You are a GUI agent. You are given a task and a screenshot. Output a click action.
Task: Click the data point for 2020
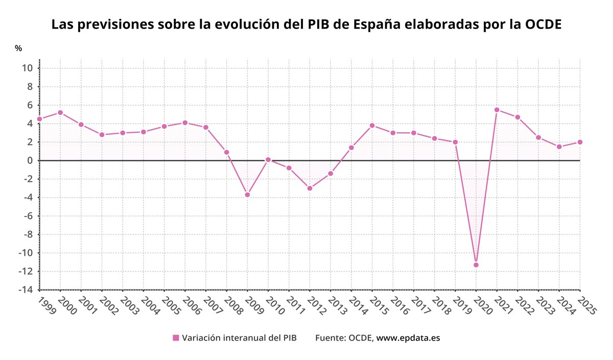point(476,265)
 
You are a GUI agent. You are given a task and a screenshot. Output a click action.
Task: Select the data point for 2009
point(247,195)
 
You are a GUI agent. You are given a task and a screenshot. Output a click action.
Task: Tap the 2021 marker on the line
point(497,110)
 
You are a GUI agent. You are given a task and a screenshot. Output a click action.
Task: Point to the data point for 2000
point(60,112)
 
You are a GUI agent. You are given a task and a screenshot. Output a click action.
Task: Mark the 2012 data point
point(310,188)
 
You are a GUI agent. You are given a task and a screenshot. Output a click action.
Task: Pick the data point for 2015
point(372,125)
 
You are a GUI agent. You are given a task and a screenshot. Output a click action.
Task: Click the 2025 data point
point(580,142)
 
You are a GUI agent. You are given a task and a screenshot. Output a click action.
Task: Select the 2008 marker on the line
point(226,152)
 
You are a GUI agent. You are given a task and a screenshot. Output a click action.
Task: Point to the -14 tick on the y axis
point(26,290)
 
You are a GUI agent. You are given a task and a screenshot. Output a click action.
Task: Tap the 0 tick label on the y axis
point(30,160)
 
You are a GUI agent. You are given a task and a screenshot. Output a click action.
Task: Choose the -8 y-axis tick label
point(28,234)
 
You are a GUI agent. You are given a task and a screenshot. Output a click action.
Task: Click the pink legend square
point(176,338)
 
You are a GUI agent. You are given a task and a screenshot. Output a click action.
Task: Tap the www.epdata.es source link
point(408,338)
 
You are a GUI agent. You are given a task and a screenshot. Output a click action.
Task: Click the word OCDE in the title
point(544,24)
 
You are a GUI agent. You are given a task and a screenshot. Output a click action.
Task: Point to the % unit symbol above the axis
point(18,49)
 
